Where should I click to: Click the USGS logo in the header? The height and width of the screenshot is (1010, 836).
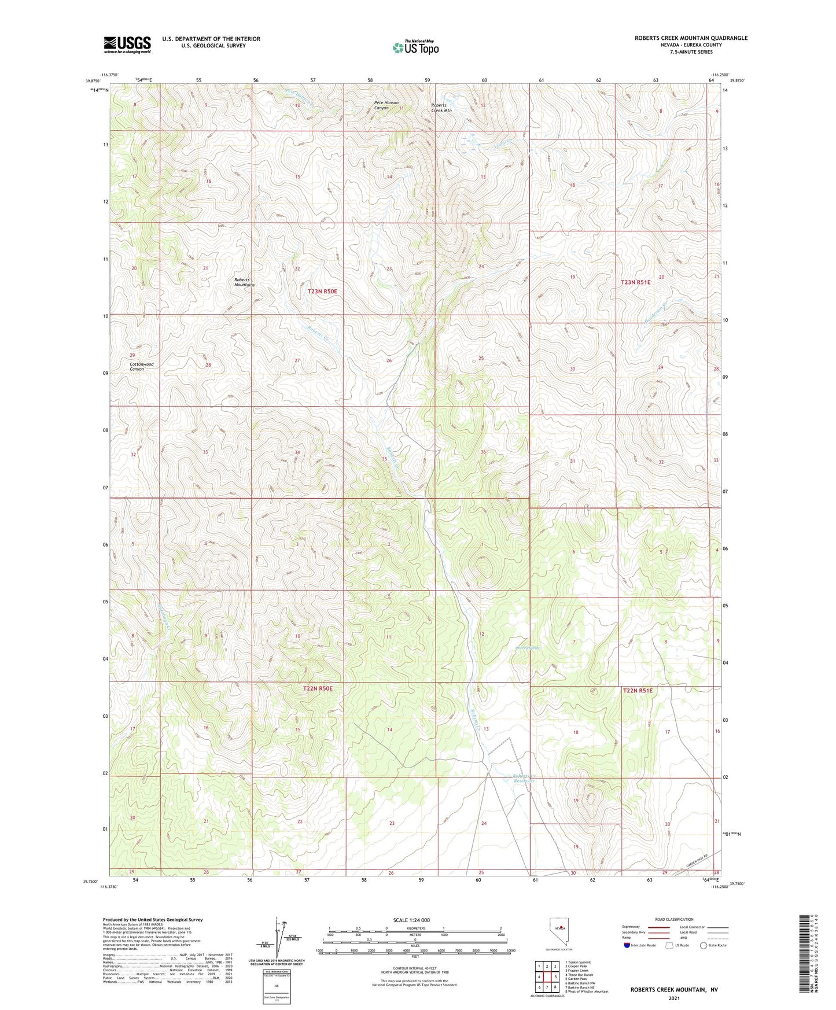click(x=127, y=45)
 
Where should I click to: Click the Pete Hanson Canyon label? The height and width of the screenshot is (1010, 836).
click(x=386, y=105)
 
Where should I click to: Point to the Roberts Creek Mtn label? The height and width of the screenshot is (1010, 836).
click(x=441, y=108)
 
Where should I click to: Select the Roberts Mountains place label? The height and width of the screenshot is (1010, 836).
click(x=244, y=282)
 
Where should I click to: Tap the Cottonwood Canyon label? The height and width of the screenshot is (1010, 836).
click(x=142, y=367)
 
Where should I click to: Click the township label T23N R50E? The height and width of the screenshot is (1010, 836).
click(x=322, y=292)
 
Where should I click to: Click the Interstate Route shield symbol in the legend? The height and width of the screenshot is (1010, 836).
click(x=627, y=945)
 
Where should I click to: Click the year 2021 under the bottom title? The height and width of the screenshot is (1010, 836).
click(x=674, y=998)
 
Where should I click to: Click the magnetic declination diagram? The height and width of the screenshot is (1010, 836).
click(x=283, y=937)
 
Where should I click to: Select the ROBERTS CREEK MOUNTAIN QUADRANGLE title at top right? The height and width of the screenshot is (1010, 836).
click(x=691, y=38)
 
